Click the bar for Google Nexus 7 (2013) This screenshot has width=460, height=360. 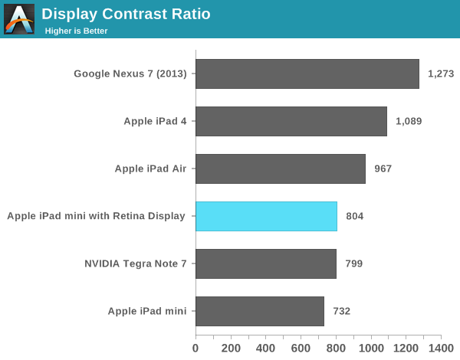click(307, 74)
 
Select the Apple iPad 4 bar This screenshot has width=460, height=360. click(291, 121)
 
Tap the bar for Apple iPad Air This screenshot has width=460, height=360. click(280, 169)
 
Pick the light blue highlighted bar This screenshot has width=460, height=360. click(266, 216)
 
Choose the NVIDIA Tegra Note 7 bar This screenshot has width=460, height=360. click(265, 263)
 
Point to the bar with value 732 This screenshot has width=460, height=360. click(259, 311)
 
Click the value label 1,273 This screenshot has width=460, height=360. click(441, 74)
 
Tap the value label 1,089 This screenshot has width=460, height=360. click(409, 121)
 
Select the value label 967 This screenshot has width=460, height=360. click(383, 169)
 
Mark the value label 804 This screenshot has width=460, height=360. click(354, 216)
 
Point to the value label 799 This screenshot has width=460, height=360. click(353, 263)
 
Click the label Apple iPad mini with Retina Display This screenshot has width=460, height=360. click(96, 216)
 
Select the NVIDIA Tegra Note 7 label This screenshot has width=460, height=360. click(135, 263)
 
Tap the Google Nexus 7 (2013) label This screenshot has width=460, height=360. click(130, 74)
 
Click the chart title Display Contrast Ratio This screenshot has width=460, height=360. click(126, 14)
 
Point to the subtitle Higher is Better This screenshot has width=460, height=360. click(76, 31)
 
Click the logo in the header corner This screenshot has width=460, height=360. click(19, 19)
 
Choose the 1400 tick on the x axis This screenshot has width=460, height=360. click(441, 349)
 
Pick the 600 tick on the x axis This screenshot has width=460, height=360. click(301, 349)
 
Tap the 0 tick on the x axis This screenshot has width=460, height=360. click(195, 349)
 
